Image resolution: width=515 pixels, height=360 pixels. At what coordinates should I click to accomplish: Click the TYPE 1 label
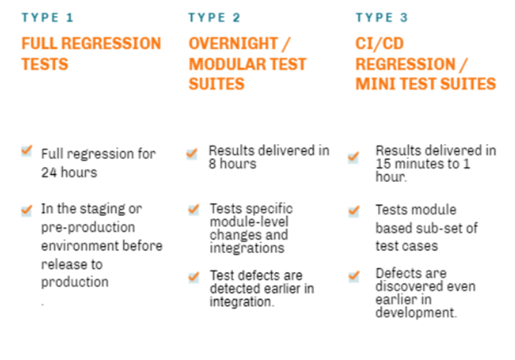tap(47, 17)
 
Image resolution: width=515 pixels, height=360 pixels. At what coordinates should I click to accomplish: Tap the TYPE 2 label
tap(215, 17)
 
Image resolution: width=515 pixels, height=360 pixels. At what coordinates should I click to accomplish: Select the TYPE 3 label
tap(382, 17)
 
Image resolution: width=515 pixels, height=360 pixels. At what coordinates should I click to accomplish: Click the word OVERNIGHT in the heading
tap(233, 43)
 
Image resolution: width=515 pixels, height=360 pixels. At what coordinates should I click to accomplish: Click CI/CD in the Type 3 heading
tap(379, 43)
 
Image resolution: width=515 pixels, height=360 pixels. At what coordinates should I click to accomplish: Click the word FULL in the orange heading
tap(39, 43)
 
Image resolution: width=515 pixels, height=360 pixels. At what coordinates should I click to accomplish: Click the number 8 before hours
tap(212, 163)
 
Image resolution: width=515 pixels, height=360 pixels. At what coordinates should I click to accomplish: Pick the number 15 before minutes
tap(383, 163)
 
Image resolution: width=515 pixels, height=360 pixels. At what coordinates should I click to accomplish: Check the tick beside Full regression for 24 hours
tap(26, 151)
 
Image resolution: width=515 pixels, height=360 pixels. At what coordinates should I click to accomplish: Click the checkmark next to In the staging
tap(26, 211)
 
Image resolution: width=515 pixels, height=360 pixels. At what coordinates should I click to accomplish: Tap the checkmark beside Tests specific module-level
tap(194, 209)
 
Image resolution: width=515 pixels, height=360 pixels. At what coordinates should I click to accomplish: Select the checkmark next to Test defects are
tap(194, 276)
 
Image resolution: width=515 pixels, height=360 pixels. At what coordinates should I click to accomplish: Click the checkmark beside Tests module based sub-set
tap(354, 211)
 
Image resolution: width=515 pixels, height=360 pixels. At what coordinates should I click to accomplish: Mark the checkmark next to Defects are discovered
tap(354, 276)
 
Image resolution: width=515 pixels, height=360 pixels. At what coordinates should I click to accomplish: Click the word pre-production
tap(88, 228)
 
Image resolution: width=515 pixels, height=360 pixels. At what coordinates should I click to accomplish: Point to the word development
tap(416, 312)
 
